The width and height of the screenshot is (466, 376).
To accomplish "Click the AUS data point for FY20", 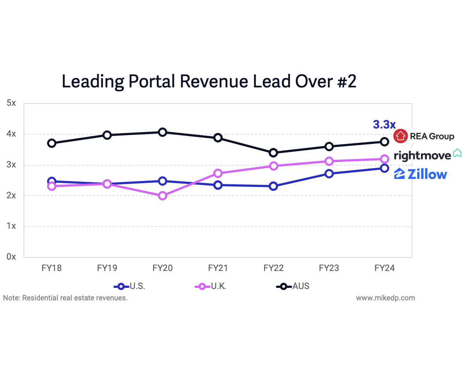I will click(163, 132).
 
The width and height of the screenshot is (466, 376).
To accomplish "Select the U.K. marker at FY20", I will click(163, 196).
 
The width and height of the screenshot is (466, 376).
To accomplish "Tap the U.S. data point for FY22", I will click(273, 186).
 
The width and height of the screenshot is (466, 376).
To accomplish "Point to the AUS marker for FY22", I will click(273, 153).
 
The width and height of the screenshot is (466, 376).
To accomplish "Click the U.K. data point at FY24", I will click(385, 159).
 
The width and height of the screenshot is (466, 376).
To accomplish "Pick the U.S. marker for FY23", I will click(329, 174).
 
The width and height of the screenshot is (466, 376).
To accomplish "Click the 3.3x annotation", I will click(384, 125).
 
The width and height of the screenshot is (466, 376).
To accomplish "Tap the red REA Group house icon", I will click(400, 136).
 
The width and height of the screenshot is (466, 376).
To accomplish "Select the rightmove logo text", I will click(422, 156).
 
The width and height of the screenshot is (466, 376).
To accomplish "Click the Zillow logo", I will click(421, 174).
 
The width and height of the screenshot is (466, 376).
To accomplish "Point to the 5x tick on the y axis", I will click(11, 103).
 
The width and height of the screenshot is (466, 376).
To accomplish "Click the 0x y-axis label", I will click(11, 257).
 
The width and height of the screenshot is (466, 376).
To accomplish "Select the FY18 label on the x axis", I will click(52, 268).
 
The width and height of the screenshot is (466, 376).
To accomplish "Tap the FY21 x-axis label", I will click(218, 268).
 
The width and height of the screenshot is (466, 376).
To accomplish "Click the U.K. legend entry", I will click(211, 286).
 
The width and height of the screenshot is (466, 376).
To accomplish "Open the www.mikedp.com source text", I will click(385, 298).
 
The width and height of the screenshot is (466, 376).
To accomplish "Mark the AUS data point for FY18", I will click(52, 143).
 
